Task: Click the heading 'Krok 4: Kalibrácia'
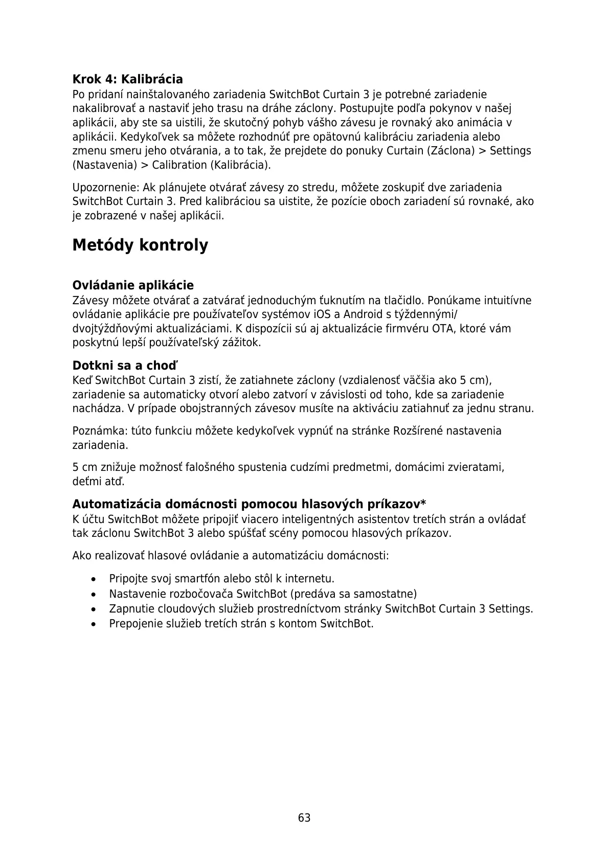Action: (127, 79)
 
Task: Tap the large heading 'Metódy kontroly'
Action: (140, 245)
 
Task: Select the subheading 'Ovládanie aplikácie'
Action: (133, 285)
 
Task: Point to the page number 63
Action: (304, 818)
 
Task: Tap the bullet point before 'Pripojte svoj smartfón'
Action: (93, 579)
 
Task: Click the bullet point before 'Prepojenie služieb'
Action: (93, 624)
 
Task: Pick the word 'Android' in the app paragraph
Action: (363, 314)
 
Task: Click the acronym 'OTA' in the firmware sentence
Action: (442, 328)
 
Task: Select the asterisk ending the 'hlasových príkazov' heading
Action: (423, 504)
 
